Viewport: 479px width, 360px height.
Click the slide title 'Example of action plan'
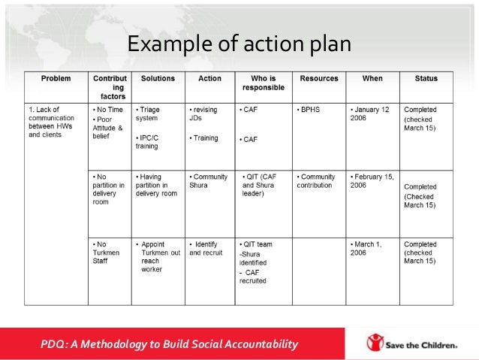239,44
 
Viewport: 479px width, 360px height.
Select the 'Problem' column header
56,78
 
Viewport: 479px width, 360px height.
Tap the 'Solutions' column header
157,78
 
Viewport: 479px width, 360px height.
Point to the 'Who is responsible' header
263,83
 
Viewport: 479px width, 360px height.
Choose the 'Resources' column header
319,78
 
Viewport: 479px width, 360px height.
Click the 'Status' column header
426,78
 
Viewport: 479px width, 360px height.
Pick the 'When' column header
372,78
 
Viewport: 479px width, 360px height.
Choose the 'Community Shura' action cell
209,181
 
